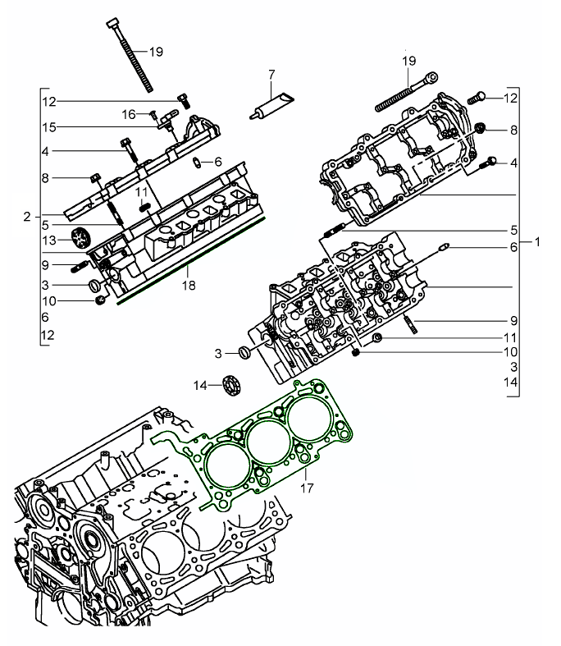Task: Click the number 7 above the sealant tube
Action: [271, 76]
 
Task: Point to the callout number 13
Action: [48, 241]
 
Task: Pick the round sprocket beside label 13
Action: [80, 240]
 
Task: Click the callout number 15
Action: [48, 127]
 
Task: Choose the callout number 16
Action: [129, 113]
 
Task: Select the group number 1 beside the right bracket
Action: [536, 242]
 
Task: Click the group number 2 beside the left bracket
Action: [27, 217]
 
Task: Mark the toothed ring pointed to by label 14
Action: [233, 384]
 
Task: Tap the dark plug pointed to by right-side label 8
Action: [480, 128]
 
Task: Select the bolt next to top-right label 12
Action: [477, 98]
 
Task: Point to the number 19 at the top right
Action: [408, 61]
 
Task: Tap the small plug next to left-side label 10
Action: [100, 300]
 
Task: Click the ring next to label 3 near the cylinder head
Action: [242, 354]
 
